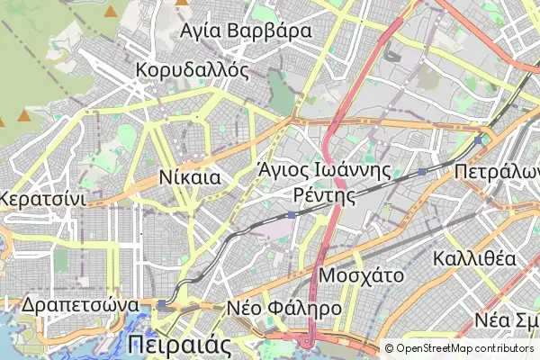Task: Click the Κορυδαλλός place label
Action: pyautogui.click(x=192, y=71)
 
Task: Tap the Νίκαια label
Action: pyautogui.click(x=189, y=177)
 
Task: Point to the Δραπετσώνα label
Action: pyautogui.click(x=81, y=304)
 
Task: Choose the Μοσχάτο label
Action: pyautogui.click(x=362, y=275)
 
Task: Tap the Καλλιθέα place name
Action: pyautogui.click(x=474, y=259)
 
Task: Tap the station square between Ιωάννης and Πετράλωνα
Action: pyautogui.click(x=422, y=171)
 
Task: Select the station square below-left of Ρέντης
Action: pyautogui.click(x=292, y=215)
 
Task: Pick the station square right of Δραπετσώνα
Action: pyautogui.click(x=162, y=305)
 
